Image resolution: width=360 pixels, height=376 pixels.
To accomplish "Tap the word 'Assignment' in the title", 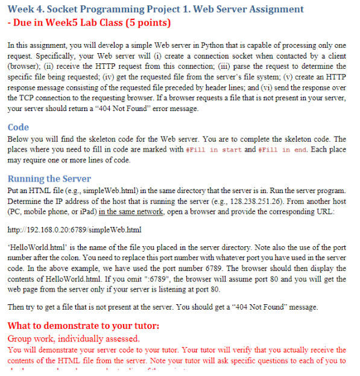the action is pyautogui.click(x=270, y=9).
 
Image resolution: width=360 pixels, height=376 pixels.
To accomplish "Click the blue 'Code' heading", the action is pyautogui.click(x=18, y=127).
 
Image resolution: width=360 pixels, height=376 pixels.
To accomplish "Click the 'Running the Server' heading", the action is pyautogui.click(x=49, y=179).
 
